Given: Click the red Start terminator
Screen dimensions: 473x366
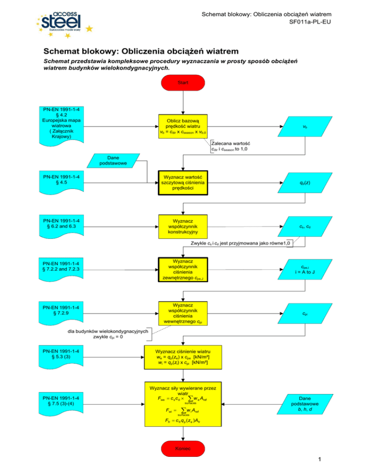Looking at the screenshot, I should click(x=183, y=83).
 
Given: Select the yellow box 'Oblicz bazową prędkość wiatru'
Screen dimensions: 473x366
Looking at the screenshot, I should click(x=183, y=127).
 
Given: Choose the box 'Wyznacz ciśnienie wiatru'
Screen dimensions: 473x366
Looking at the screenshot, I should click(x=183, y=357).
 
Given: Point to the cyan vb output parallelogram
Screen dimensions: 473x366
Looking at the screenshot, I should click(x=304, y=127).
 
